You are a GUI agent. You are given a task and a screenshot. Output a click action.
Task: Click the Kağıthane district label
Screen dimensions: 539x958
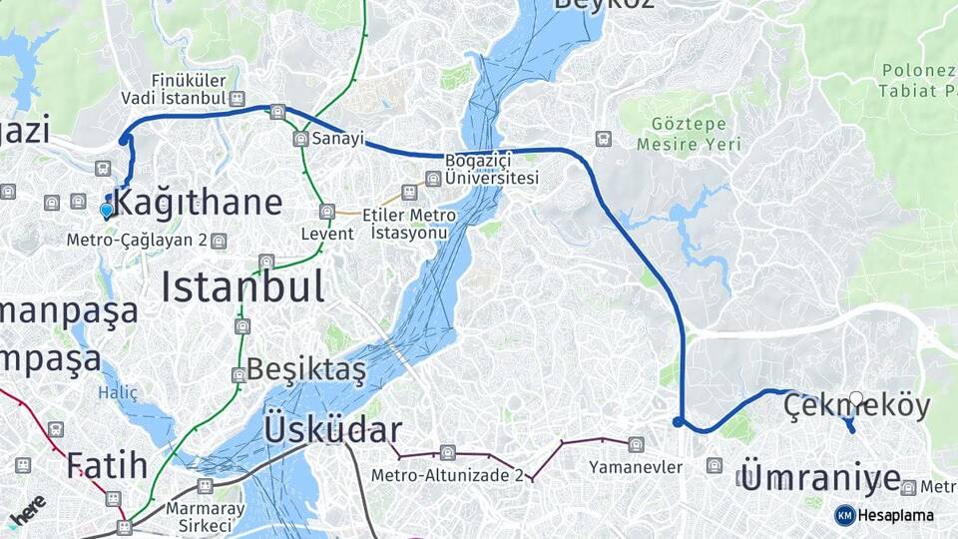(199, 203)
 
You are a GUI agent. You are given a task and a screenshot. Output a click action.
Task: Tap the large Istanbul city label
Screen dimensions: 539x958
(242, 286)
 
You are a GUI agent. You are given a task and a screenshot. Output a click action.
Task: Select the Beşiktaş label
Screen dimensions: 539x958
(306, 368)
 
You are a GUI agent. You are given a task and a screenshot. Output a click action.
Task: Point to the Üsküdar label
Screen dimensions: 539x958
(332, 430)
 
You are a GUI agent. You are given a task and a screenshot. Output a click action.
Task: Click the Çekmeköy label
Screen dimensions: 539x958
(856, 406)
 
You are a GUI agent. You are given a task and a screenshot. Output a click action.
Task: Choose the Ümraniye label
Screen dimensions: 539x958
(821, 478)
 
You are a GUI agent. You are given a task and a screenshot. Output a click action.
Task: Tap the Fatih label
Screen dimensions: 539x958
(107, 465)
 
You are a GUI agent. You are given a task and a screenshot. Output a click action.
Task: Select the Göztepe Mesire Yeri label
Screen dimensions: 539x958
(689, 135)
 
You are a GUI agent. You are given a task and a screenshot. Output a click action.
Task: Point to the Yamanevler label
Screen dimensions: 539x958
(636, 467)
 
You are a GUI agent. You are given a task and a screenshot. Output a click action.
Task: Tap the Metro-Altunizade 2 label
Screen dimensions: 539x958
(447, 475)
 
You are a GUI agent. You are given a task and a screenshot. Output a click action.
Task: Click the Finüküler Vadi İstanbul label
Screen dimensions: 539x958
(175, 89)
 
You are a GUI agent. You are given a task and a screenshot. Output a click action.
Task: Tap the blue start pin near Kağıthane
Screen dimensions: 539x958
(107, 210)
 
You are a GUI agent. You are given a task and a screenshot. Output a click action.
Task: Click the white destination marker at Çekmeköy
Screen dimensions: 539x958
(856, 399)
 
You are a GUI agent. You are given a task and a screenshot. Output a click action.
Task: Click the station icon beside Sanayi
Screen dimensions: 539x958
(300, 139)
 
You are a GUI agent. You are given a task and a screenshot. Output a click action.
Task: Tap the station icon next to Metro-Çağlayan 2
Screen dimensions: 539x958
(219, 241)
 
